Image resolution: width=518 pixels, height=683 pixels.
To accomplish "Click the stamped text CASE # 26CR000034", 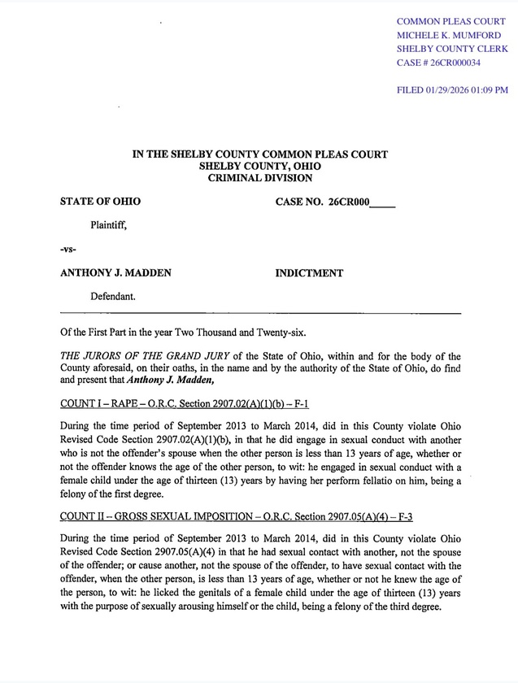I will coord(437,63).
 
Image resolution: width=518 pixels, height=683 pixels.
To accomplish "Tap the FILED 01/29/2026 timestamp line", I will coord(452,90).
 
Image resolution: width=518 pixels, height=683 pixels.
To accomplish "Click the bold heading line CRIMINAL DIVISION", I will coord(259,177).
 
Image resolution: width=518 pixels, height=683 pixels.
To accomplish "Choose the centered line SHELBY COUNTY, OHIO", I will coord(259,166).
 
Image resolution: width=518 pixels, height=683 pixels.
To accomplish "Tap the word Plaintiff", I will coord(108,226).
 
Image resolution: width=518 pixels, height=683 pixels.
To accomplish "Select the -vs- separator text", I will coord(69,250).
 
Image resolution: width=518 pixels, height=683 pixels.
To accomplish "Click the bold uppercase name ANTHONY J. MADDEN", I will coord(115,273).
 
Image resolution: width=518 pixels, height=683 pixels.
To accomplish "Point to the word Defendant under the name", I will coord(112,298).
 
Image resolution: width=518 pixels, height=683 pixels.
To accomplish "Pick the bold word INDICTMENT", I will coord(309,273).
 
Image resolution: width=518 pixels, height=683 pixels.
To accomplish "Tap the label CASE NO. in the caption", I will coord(300,202).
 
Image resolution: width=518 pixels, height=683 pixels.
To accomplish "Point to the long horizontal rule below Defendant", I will coord(260,313).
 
